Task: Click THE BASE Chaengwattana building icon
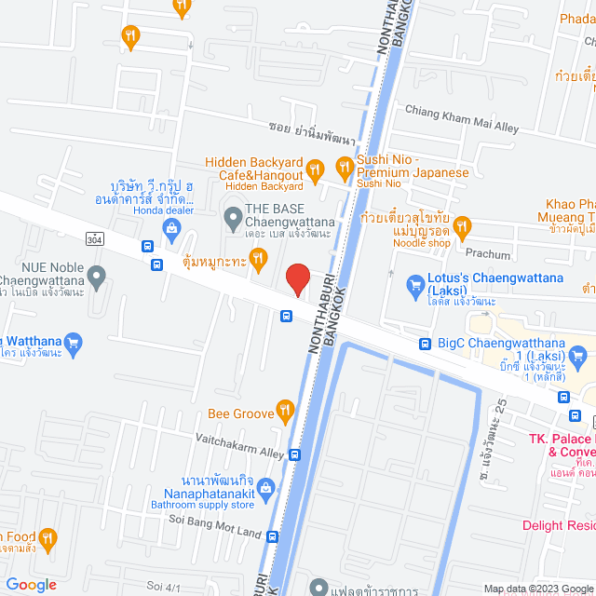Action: [232, 219]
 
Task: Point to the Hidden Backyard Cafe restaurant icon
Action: [315, 169]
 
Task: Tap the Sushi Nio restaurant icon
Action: [345, 169]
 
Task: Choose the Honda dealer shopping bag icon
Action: [170, 227]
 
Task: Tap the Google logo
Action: [32, 584]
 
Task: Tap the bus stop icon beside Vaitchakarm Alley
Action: [295, 455]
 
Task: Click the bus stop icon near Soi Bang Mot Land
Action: [273, 536]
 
